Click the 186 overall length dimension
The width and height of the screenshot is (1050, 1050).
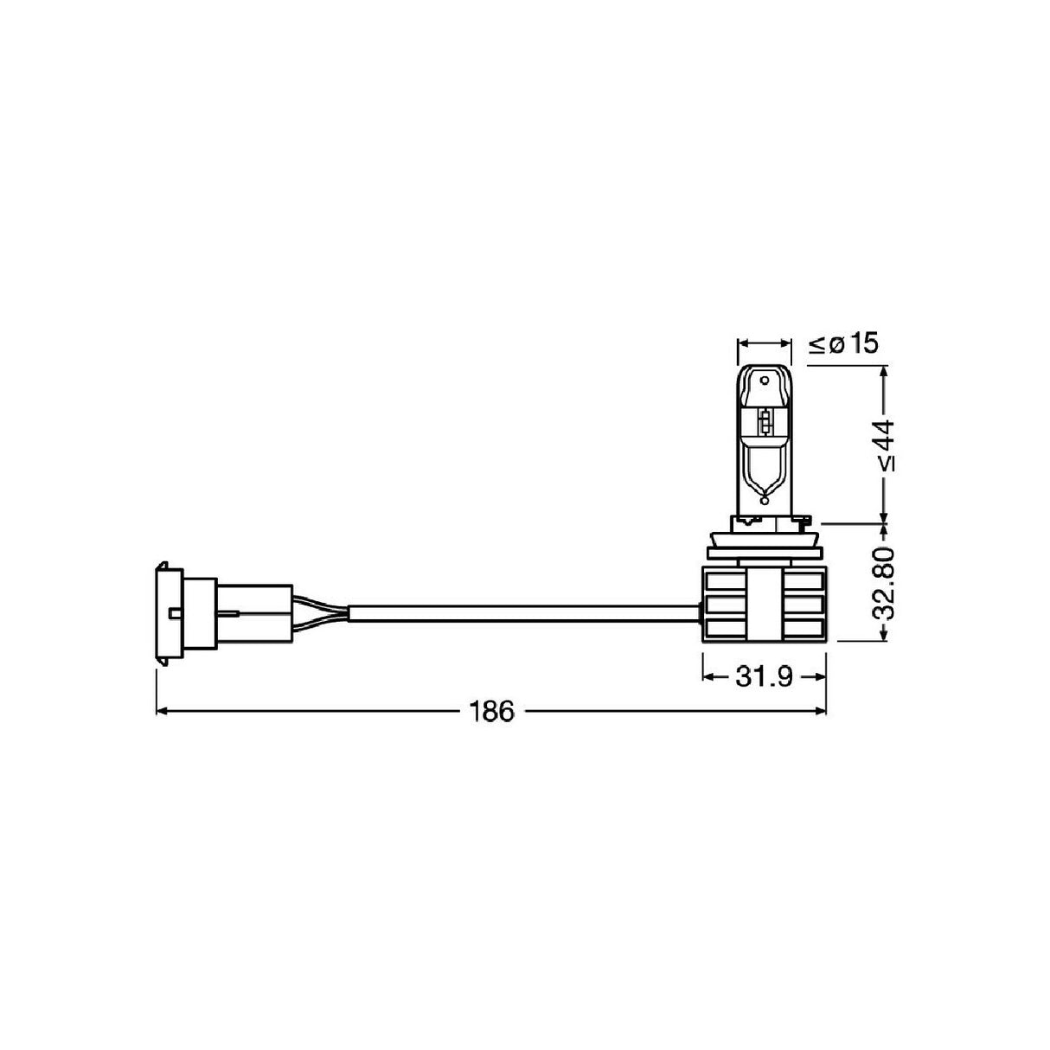point(491,712)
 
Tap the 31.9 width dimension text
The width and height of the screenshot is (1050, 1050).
point(764,676)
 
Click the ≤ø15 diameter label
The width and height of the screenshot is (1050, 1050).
point(843,344)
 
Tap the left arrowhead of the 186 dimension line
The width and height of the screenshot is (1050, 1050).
point(162,712)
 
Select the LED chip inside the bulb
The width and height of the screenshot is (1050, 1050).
point(764,422)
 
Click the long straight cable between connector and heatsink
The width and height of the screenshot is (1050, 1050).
point(519,613)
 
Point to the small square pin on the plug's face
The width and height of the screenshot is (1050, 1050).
point(176,613)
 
